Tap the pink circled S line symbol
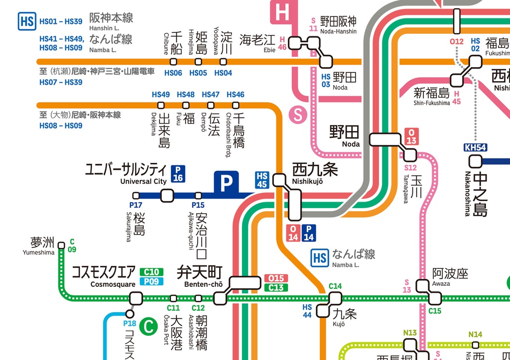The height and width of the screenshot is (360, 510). [298, 115]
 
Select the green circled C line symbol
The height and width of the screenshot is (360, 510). [148, 327]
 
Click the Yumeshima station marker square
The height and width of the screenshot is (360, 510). [61, 245]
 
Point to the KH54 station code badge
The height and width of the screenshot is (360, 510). [475, 147]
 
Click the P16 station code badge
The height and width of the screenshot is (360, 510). [178, 173]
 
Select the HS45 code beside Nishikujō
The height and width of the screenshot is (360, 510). [262, 180]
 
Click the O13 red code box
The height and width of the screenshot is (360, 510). [411, 136]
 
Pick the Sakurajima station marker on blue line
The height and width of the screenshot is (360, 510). [136, 196]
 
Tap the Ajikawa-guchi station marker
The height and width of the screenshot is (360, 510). [198, 196]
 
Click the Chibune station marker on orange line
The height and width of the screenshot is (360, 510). [173, 62]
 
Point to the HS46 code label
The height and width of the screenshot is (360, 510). [235, 95]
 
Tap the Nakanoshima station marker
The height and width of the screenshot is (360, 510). [475, 161]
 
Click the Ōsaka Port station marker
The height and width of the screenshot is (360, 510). [173, 298]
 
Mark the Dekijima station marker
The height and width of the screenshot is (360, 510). [161, 105]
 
